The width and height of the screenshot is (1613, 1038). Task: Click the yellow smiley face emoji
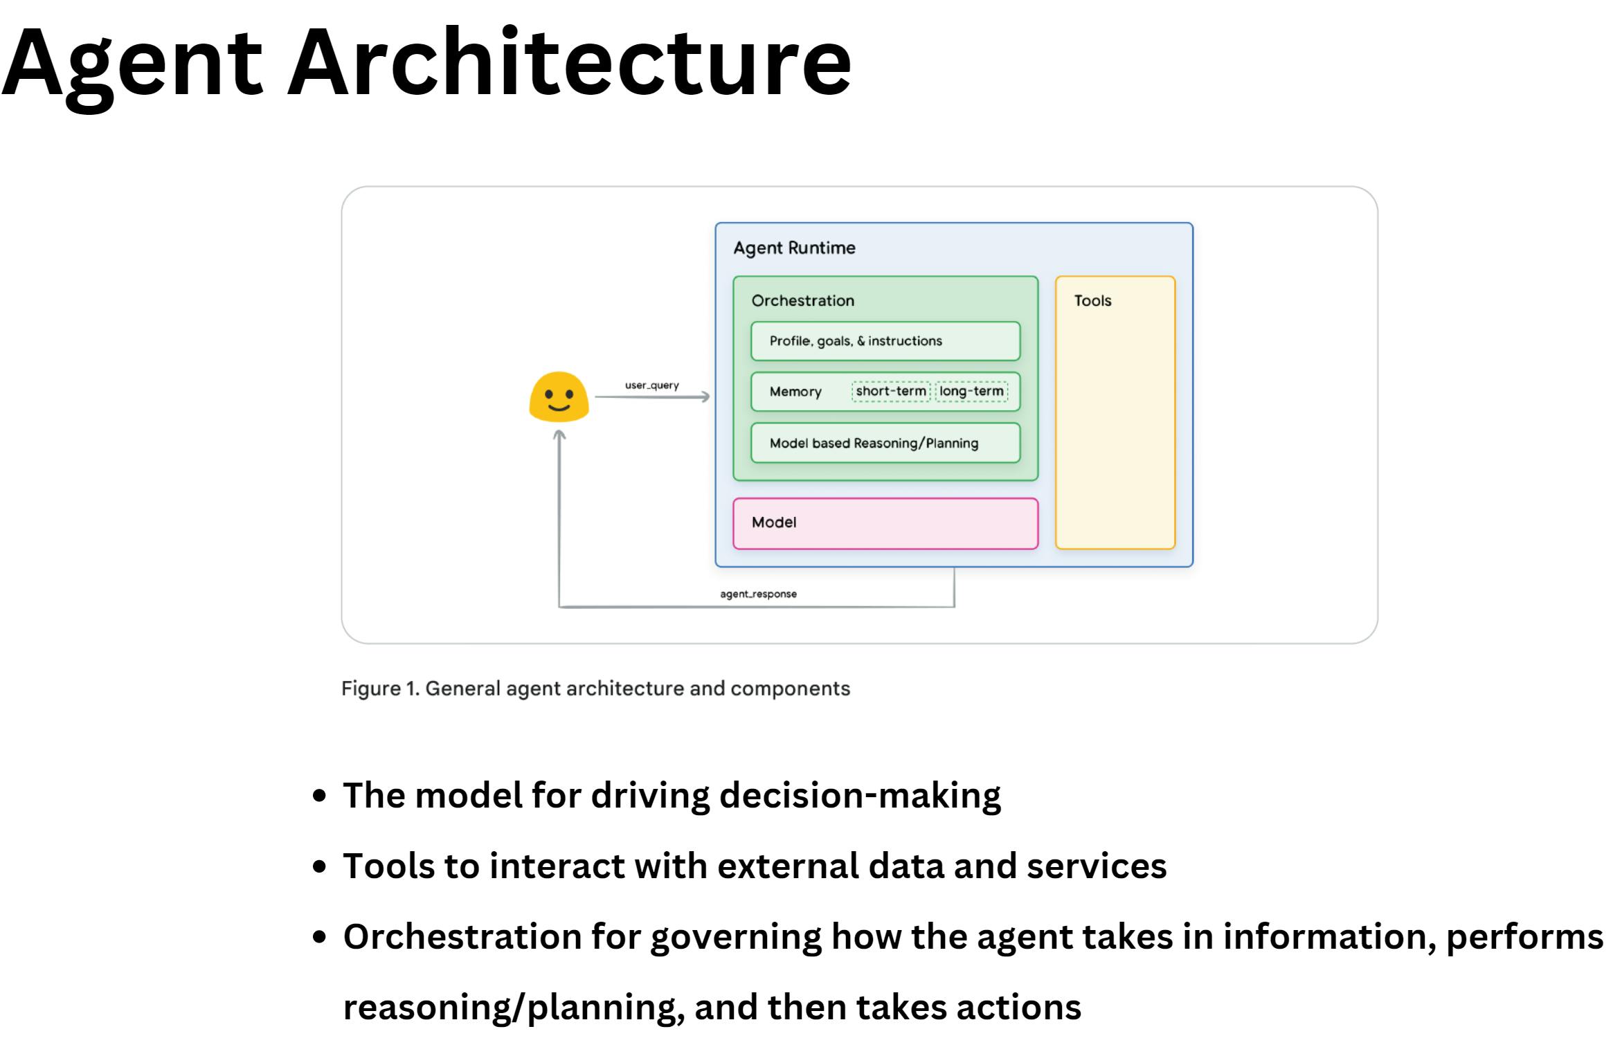coord(559,397)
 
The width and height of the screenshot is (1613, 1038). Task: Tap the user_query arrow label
coord(651,385)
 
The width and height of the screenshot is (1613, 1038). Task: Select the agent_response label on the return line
coord(758,594)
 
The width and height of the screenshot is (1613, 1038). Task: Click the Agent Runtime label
coord(794,248)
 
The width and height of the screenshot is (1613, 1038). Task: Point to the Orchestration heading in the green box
coord(802,300)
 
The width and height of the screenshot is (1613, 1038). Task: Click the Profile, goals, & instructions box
coord(885,341)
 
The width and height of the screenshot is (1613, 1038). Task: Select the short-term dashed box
coord(890,391)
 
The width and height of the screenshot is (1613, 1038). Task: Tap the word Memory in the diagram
coord(795,392)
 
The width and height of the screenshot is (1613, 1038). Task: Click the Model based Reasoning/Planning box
coord(885,443)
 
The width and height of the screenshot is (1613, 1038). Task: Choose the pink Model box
coord(885,523)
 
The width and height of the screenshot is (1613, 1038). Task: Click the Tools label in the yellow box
coord(1092,300)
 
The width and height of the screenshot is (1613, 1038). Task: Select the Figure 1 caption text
coord(595,689)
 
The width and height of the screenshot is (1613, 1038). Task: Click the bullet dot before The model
coord(319,795)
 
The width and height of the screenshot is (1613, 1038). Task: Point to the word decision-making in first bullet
coord(860,795)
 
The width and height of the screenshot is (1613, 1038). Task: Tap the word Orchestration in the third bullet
coord(462,936)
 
